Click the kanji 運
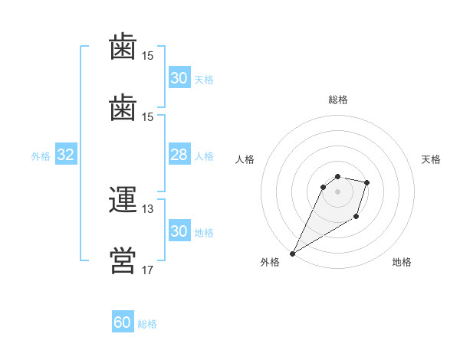pyautogui.click(x=123, y=199)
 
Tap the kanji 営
pyautogui.click(x=123, y=260)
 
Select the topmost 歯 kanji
pyautogui.click(x=123, y=46)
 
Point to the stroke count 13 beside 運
pyautogui.click(x=147, y=209)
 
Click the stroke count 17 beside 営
pyautogui.click(x=147, y=270)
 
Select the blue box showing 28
pyautogui.click(x=179, y=154)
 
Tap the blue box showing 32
pyautogui.click(x=66, y=154)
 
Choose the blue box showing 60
pyautogui.click(x=123, y=321)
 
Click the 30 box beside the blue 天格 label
pyautogui.click(x=179, y=77)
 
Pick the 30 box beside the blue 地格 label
pyautogui.click(x=179, y=230)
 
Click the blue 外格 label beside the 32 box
pyautogui.click(x=41, y=156)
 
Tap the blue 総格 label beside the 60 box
pyautogui.click(x=147, y=324)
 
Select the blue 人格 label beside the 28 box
pyautogui.click(x=204, y=156)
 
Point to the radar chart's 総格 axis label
pyautogui.click(x=338, y=100)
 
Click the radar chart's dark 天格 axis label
pyautogui.click(x=431, y=159)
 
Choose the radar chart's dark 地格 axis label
pyautogui.click(x=402, y=262)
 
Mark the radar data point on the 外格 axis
pyautogui.click(x=293, y=254)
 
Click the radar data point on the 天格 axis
pyautogui.click(x=366, y=182)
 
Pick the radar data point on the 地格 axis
pyautogui.click(x=356, y=217)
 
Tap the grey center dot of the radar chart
pyautogui.click(x=337, y=192)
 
